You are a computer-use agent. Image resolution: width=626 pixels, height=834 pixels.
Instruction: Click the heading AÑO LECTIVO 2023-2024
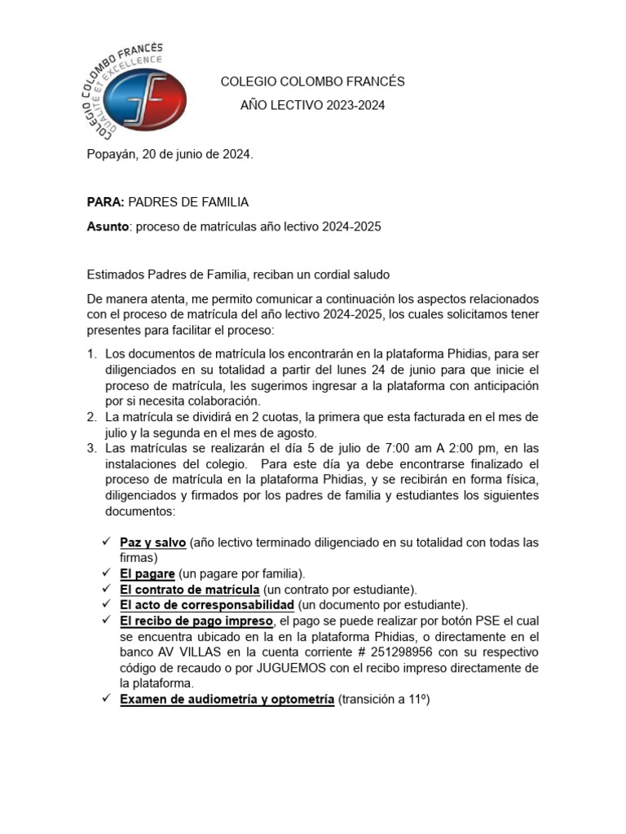312,106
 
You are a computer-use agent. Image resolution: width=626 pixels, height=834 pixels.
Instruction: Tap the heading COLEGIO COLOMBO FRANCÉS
313,82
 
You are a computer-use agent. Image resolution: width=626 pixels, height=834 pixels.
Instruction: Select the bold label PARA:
105,202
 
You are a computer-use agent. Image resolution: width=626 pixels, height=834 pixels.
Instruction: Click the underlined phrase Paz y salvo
153,542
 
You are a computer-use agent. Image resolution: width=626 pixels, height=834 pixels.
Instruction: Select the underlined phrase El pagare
148,573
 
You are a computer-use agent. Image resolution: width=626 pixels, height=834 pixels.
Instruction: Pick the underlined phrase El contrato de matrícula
190,589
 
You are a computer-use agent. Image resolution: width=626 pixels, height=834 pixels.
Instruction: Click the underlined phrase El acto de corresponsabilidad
206,605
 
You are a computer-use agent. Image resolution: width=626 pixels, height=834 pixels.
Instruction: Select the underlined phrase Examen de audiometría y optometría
227,700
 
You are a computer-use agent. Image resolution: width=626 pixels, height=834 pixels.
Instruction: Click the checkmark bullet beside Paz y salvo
107,542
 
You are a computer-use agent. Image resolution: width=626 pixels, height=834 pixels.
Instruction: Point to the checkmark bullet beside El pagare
107,573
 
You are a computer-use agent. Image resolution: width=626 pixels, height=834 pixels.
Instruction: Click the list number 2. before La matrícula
91,417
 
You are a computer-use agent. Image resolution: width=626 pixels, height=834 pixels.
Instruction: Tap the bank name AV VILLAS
177,652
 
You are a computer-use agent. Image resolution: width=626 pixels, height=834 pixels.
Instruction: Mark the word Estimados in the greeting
114,274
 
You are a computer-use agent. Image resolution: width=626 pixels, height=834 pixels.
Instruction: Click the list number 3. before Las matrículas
91,449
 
